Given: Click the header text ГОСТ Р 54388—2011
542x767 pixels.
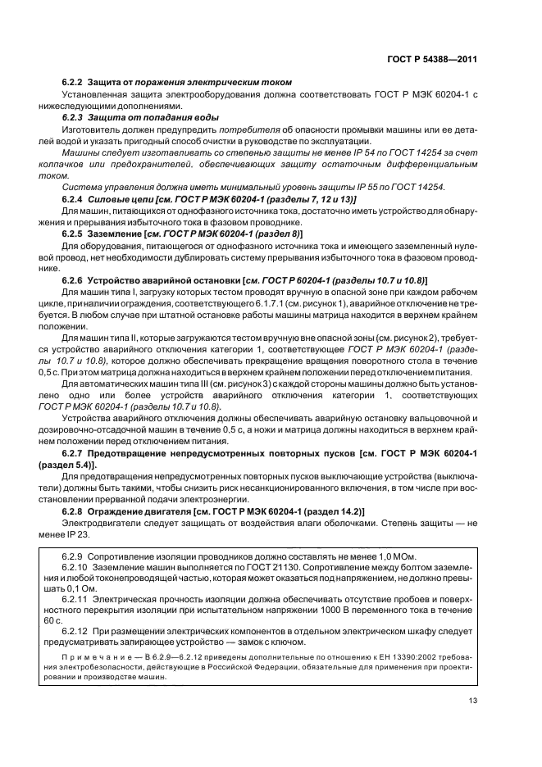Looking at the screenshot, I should [433, 59].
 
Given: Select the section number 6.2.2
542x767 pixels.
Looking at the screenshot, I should [74, 82].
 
